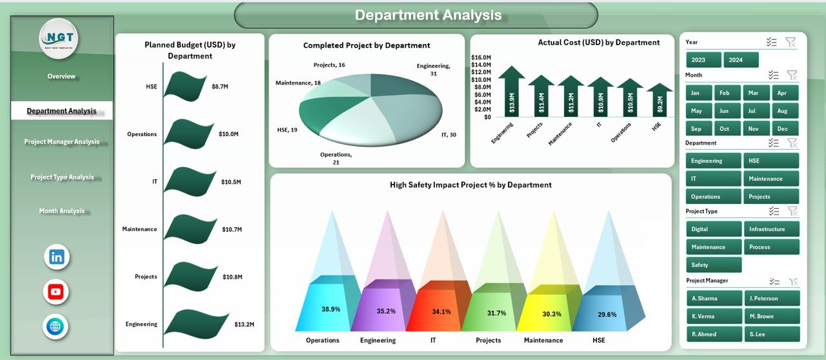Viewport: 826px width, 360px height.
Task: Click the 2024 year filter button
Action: coord(741,60)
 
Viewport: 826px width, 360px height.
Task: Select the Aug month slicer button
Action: coord(783,110)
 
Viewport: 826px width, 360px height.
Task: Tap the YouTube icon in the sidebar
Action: coord(56,292)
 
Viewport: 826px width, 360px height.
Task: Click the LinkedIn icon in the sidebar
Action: coord(56,257)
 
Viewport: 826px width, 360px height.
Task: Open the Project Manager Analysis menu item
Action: coord(62,142)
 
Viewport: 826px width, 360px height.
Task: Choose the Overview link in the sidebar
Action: coord(61,76)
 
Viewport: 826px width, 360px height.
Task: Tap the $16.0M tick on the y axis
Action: coord(481,57)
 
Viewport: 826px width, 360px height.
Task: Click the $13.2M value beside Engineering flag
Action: coord(245,324)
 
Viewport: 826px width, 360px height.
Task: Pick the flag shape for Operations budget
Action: coord(188,134)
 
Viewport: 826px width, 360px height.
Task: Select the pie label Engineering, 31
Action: coord(433,70)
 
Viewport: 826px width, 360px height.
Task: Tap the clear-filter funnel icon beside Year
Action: coord(791,42)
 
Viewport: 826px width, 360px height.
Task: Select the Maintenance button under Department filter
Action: coord(771,179)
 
